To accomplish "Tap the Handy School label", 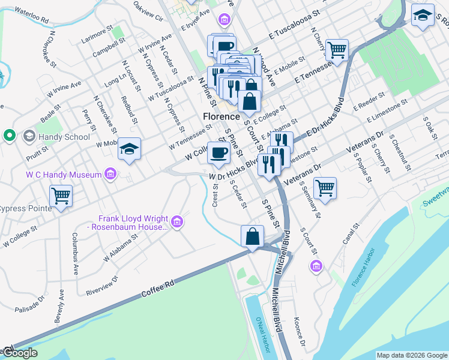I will [x=55, y=137].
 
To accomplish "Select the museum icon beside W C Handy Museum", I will [x=110, y=175].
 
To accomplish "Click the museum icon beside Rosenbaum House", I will [x=176, y=223].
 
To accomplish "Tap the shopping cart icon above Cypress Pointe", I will [x=61, y=196].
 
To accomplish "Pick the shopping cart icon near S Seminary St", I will [x=325, y=187].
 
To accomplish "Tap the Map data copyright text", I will [x=411, y=355].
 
